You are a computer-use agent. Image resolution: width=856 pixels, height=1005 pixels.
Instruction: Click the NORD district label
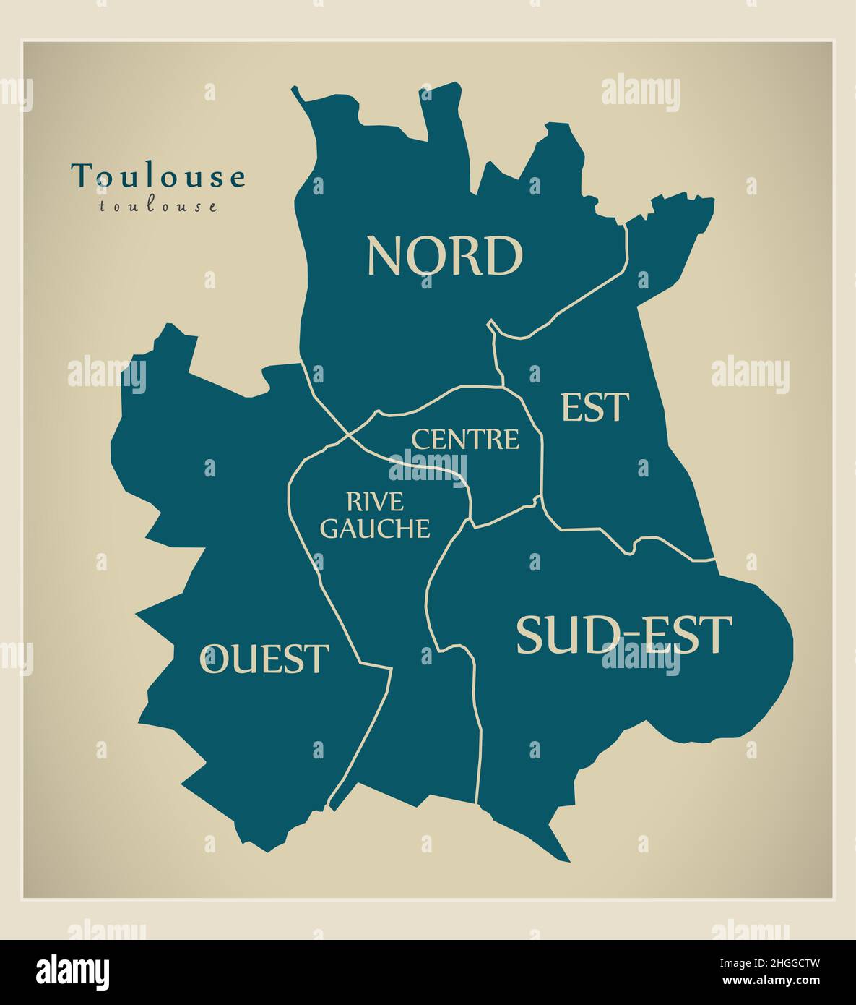point(444,256)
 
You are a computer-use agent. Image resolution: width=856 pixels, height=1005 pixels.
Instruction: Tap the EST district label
point(595,408)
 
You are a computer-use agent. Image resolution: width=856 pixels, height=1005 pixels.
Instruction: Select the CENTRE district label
point(465,439)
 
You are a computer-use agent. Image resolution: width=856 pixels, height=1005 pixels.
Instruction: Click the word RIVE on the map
point(375,501)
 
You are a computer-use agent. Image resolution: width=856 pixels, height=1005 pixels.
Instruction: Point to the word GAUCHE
point(375,529)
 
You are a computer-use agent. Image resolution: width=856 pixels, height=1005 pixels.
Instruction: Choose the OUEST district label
point(264,659)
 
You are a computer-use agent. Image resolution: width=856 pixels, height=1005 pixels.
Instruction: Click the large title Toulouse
point(158,176)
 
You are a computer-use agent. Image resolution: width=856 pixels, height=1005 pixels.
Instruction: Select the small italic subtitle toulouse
point(158,206)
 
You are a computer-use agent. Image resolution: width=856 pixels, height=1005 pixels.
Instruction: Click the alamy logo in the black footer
point(74,970)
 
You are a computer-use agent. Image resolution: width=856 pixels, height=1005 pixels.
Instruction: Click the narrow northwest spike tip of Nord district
point(294,89)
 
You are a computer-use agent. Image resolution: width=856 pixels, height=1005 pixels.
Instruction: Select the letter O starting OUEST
point(213,659)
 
